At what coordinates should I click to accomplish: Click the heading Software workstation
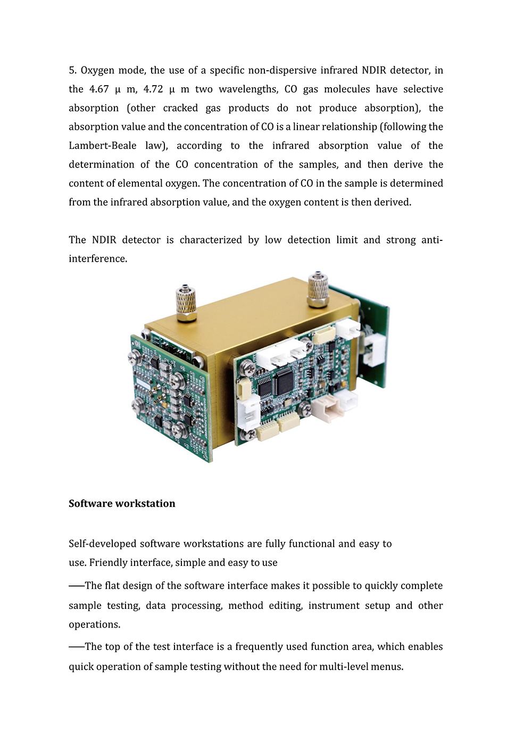point(122,504)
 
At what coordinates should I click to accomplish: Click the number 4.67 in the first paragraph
point(99,89)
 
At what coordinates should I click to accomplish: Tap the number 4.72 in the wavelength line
point(153,89)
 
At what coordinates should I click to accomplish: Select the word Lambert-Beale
point(103,146)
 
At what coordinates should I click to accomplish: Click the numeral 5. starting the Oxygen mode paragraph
point(73,70)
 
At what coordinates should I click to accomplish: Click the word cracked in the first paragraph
point(180,108)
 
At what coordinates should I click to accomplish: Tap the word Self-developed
point(102,544)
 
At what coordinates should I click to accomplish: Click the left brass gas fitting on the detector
point(186,303)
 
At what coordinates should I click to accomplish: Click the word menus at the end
point(388,667)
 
